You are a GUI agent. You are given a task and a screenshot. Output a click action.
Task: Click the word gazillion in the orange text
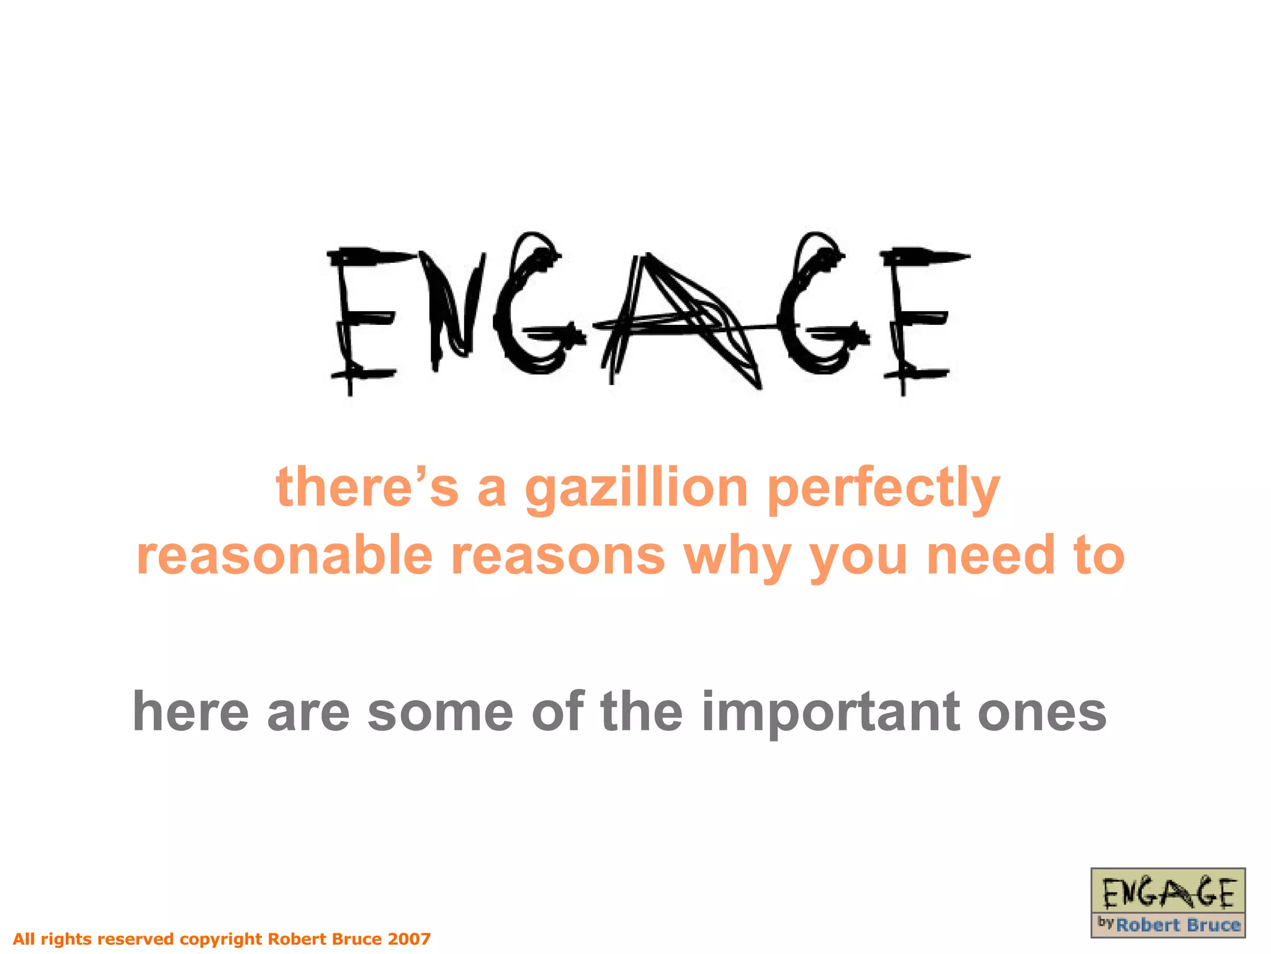636,489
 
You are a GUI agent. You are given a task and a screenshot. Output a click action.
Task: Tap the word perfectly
883,489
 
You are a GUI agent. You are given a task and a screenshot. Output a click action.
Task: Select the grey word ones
1042,713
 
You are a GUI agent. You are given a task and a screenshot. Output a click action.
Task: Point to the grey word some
440,713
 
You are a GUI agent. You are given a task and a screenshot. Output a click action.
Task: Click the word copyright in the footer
220,939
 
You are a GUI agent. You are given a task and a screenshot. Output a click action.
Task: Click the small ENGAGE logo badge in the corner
1167,902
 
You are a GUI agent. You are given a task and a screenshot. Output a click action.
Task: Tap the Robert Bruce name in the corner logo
1177,925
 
